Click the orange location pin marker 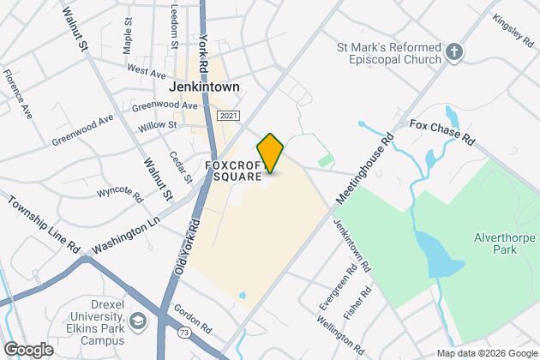[x=270, y=153]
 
